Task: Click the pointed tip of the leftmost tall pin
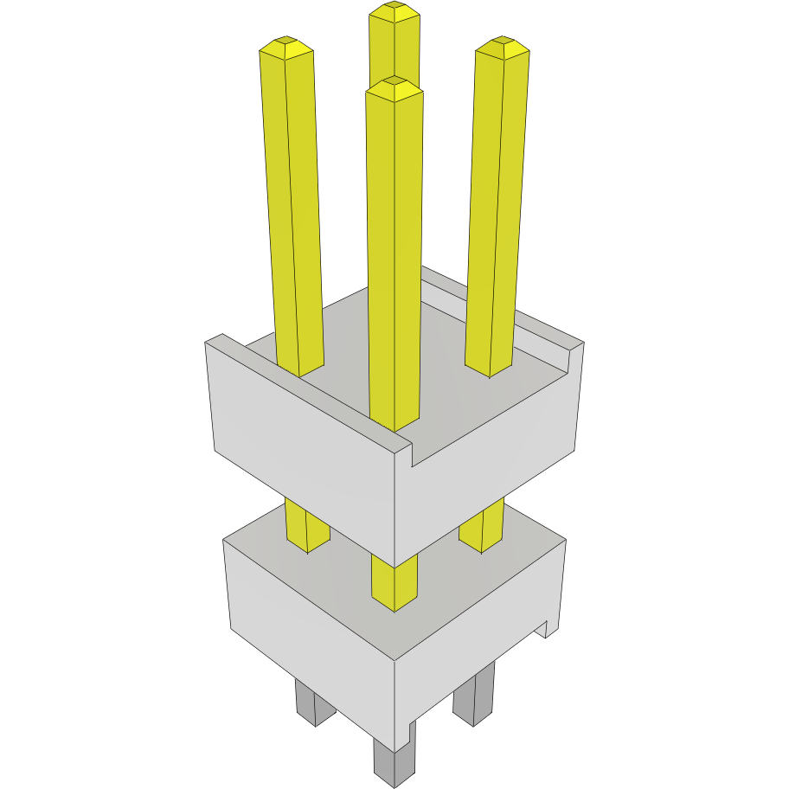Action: [285, 42]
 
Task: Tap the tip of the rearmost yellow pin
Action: [394, 9]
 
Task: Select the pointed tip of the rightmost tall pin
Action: [503, 42]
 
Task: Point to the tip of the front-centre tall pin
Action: [394, 84]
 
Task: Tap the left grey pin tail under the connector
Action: [315, 702]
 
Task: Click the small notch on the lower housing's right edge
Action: [546, 629]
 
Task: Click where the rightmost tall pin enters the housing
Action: [490, 369]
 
